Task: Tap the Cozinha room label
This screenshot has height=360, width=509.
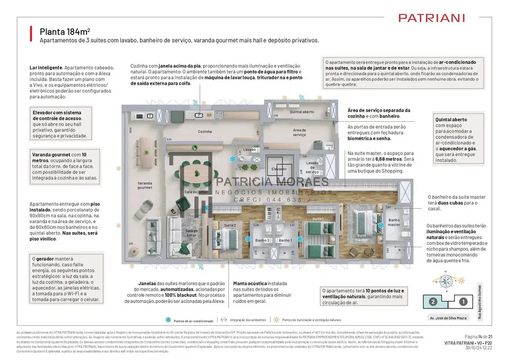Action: (x=205, y=131)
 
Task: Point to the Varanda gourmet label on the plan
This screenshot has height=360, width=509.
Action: (x=144, y=185)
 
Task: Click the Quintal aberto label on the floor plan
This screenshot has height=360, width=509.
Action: (x=301, y=112)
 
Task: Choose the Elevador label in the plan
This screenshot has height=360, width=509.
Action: (x=279, y=168)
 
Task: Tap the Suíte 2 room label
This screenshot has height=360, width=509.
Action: (x=230, y=226)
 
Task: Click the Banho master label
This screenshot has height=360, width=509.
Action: (x=394, y=222)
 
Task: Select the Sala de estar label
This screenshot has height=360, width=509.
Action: (x=192, y=233)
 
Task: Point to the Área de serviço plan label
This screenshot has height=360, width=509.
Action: (x=300, y=132)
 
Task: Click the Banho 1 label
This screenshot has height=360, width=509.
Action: (x=285, y=240)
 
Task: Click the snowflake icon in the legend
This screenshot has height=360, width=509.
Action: (x=167, y=321)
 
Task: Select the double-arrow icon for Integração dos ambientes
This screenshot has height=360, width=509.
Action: (x=224, y=320)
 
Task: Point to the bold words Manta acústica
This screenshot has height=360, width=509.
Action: (x=248, y=283)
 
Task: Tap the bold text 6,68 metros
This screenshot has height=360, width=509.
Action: (x=393, y=159)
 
